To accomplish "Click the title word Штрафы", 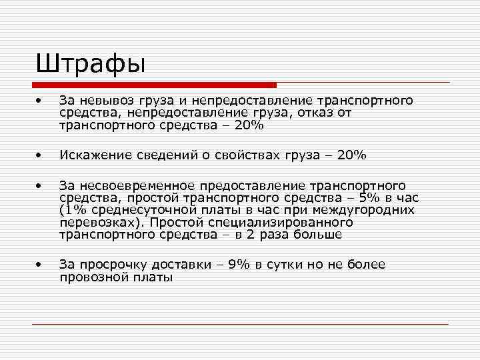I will coord(91,65).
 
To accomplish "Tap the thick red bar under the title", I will coord(155,85).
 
